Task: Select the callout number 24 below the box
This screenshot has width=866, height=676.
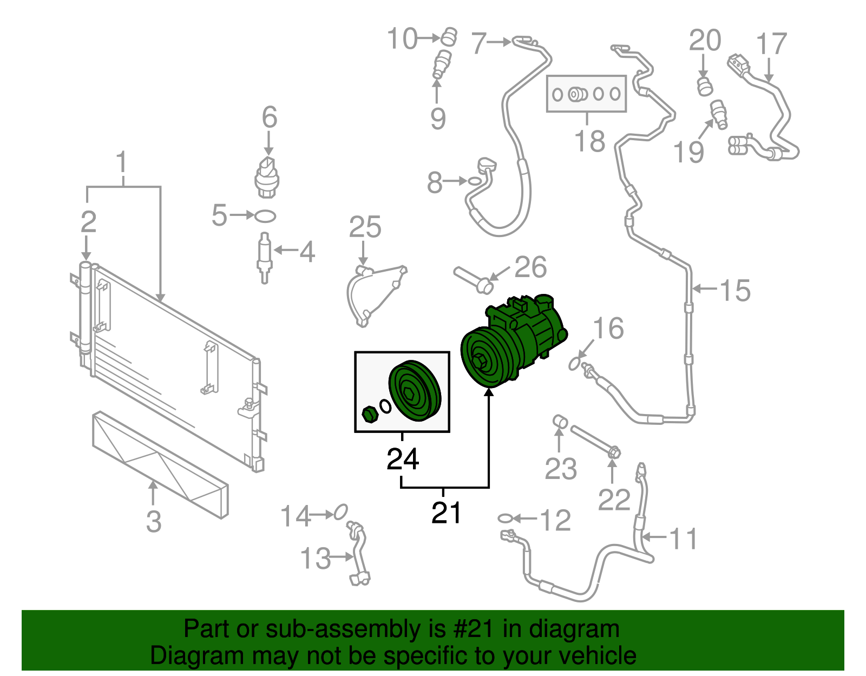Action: [403, 459]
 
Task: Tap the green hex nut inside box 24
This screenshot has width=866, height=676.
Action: [370, 415]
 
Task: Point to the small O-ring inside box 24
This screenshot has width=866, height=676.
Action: [385, 405]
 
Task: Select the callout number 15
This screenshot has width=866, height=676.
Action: [735, 290]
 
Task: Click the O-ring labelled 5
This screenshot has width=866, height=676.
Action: [265, 216]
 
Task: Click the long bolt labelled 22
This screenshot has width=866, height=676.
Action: [594, 440]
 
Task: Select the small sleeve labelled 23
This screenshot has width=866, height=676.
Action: [560, 422]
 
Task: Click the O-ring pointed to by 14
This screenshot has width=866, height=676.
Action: [340, 511]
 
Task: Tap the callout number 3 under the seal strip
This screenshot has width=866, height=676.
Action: [154, 521]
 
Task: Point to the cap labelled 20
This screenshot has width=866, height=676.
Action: [704, 86]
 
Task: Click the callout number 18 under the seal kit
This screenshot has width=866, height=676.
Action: [589, 141]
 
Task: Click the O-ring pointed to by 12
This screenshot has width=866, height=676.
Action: [504, 519]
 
